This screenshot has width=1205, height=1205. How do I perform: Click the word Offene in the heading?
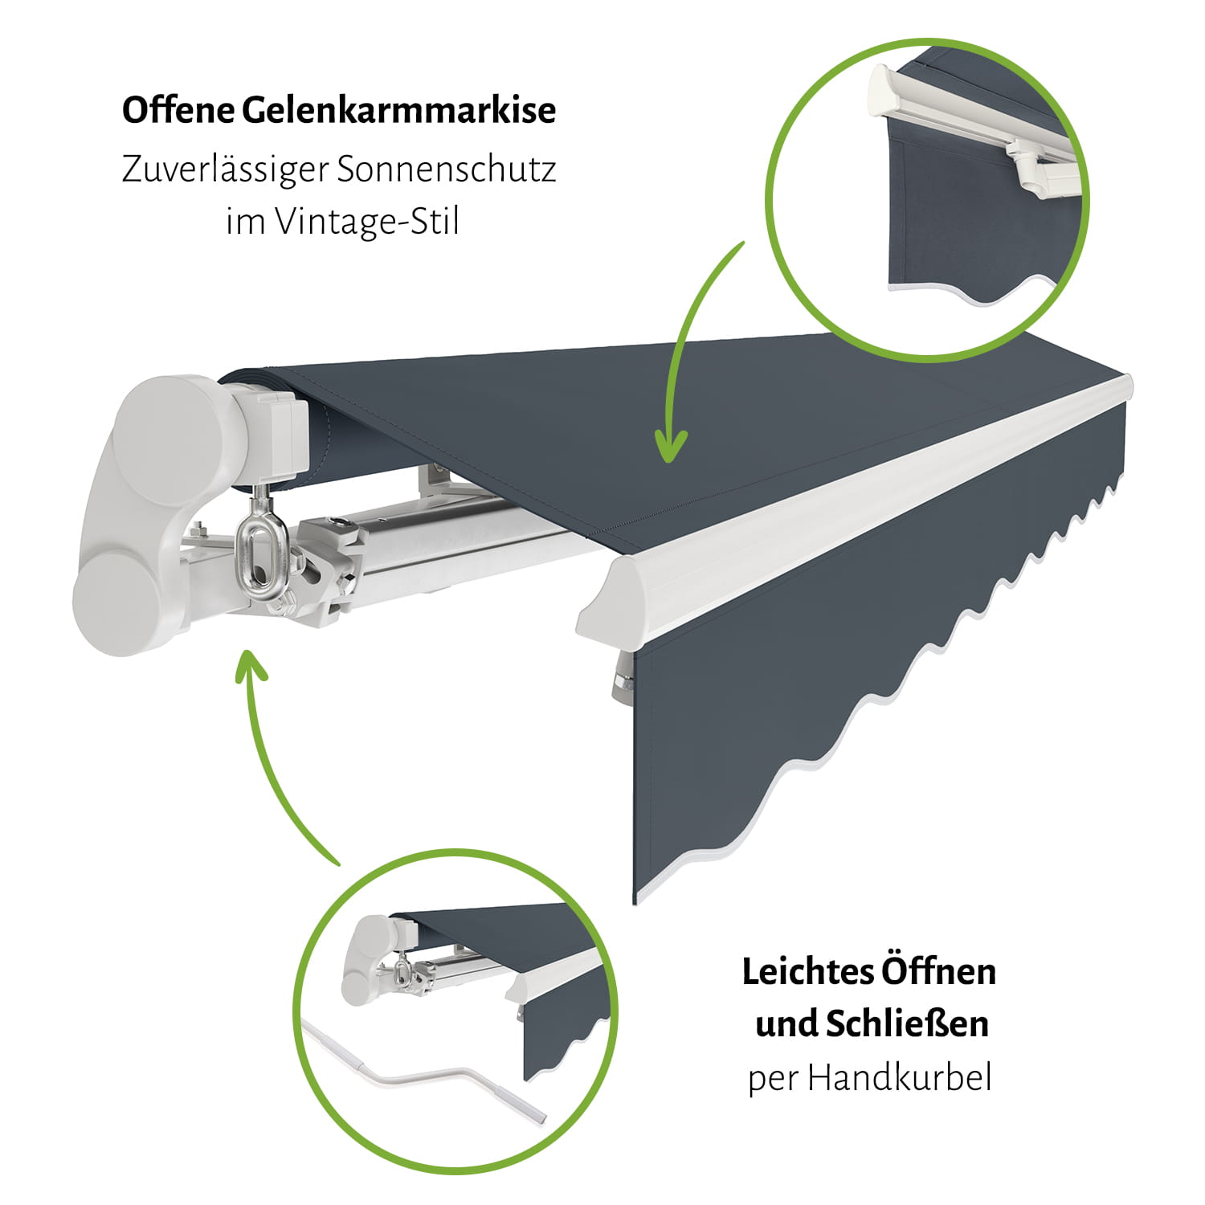[177, 110]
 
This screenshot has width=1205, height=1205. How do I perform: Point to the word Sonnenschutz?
[447, 170]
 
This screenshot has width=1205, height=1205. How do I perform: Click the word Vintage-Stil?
[368, 222]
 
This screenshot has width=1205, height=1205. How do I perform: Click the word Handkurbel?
[900, 1077]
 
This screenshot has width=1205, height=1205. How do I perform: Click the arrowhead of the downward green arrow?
[671, 447]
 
